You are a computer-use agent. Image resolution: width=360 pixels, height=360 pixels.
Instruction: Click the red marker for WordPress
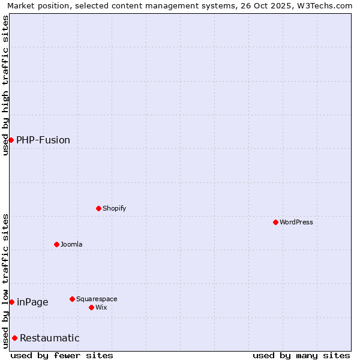pyautogui.click(x=275, y=222)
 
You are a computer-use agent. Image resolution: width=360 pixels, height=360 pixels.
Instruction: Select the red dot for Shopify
pyautogui.click(x=98, y=208)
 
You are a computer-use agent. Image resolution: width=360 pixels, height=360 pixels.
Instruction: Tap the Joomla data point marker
pyautogui.click(x=56, y=244)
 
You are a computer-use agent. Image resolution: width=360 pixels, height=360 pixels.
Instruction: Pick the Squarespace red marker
pyautogui.click(x=72, y=299)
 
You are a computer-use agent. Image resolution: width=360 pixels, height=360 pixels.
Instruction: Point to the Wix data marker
pyautogui.click(x=91, y=307)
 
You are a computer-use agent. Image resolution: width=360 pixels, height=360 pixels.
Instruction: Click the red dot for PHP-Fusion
pyautogui.click(x=11, y=140)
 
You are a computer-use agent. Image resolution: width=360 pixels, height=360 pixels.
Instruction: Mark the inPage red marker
pyautogui.click(x=11, y=302)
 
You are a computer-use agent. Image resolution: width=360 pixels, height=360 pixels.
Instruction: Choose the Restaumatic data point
pyautogui.click(x=14, y=338)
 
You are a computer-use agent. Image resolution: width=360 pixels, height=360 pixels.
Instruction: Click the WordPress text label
pyautogui.click(x=296, y=222)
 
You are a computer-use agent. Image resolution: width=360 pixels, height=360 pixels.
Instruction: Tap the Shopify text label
pyautogui.click(x=114, y=208)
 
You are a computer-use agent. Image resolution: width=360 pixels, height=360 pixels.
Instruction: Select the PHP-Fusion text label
pyautogui.click(x=43, y=140)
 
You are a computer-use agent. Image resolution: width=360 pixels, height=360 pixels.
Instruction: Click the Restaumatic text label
pyautogui.click(x=50, y=338)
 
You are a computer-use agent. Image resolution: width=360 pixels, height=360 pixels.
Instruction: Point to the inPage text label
pyautogui.click(x=32, y=302)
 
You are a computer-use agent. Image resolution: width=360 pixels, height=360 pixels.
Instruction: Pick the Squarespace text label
pyautogui.click(x=97, y=299)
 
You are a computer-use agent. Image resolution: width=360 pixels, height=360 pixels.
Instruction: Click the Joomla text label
pyautogui.click(x=71, y=244)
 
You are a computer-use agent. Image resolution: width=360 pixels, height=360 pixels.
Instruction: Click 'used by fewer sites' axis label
pyautogui.click(x=62, y=355)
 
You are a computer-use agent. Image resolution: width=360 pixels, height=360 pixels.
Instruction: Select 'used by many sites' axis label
pyautogui.click(x=301, y=355)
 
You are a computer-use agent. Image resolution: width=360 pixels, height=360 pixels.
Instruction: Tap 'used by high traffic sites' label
pyautogui.click(x=5, y=85)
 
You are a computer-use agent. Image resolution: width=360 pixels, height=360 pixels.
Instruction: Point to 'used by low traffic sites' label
pyautogui.click(x=5, y=280)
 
